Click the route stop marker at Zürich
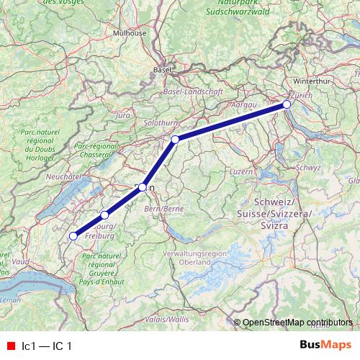point(287,104)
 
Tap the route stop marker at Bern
point(143,187)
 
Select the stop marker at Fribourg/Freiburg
point(104,215)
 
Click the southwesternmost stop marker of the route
point(73,235)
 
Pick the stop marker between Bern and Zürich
point(175,139)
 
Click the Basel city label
point(162,70)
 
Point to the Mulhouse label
point(130,32)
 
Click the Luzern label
point(241,172)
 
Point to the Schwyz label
point(307,167)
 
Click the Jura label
point(122,114)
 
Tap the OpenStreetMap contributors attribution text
point(297,323)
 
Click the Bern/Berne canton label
point(159,208)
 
